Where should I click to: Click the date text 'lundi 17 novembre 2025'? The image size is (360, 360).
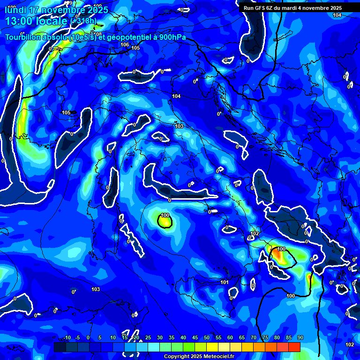pos(56,10)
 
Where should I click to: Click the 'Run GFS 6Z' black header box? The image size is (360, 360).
pos(299,7)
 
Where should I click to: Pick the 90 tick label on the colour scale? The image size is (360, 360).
pos(300,338)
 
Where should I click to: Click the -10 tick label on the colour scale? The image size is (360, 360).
pos(66,338)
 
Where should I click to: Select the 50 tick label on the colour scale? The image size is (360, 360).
pos(207,338)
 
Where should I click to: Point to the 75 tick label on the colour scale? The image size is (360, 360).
pos(265,338)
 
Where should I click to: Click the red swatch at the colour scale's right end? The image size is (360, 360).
pos(294,347)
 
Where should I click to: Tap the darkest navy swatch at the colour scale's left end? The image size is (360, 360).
pos(60,347)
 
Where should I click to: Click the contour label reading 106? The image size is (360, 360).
pos(124,45)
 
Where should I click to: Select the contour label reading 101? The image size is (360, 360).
pos(225,282)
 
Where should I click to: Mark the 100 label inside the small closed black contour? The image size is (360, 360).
pos(165,216)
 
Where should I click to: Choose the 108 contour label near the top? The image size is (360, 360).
pos(98,34)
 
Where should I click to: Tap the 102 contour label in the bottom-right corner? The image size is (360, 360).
pos(350,345)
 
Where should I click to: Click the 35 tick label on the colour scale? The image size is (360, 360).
pos(172,338)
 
